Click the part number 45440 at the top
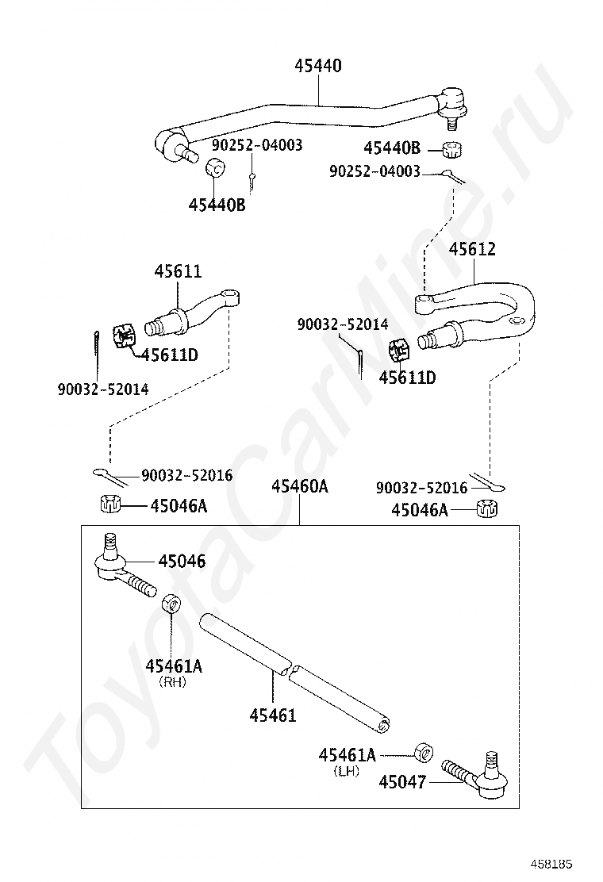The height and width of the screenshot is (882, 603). [318, 66]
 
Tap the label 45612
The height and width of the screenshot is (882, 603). [472, 249]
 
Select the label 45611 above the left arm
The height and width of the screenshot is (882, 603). [178, 271]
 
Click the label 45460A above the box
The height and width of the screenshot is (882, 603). [299, 486]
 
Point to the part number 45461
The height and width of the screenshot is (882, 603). [272, 715]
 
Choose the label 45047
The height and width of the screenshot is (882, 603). [402, 782]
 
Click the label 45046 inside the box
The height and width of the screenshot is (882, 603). [182, 562]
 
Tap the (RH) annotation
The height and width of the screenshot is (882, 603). [172, 681]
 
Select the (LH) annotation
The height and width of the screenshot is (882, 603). [348, 769]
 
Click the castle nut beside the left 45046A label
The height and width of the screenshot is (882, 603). [110, 504]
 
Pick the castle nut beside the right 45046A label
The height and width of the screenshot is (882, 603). [486, 509]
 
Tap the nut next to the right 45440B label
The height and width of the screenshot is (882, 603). [453, 148]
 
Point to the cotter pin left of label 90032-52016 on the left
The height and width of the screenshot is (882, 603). [109, 476]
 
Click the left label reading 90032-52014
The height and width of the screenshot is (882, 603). [102, 389]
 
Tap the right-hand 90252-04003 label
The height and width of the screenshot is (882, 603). [375, 171]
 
